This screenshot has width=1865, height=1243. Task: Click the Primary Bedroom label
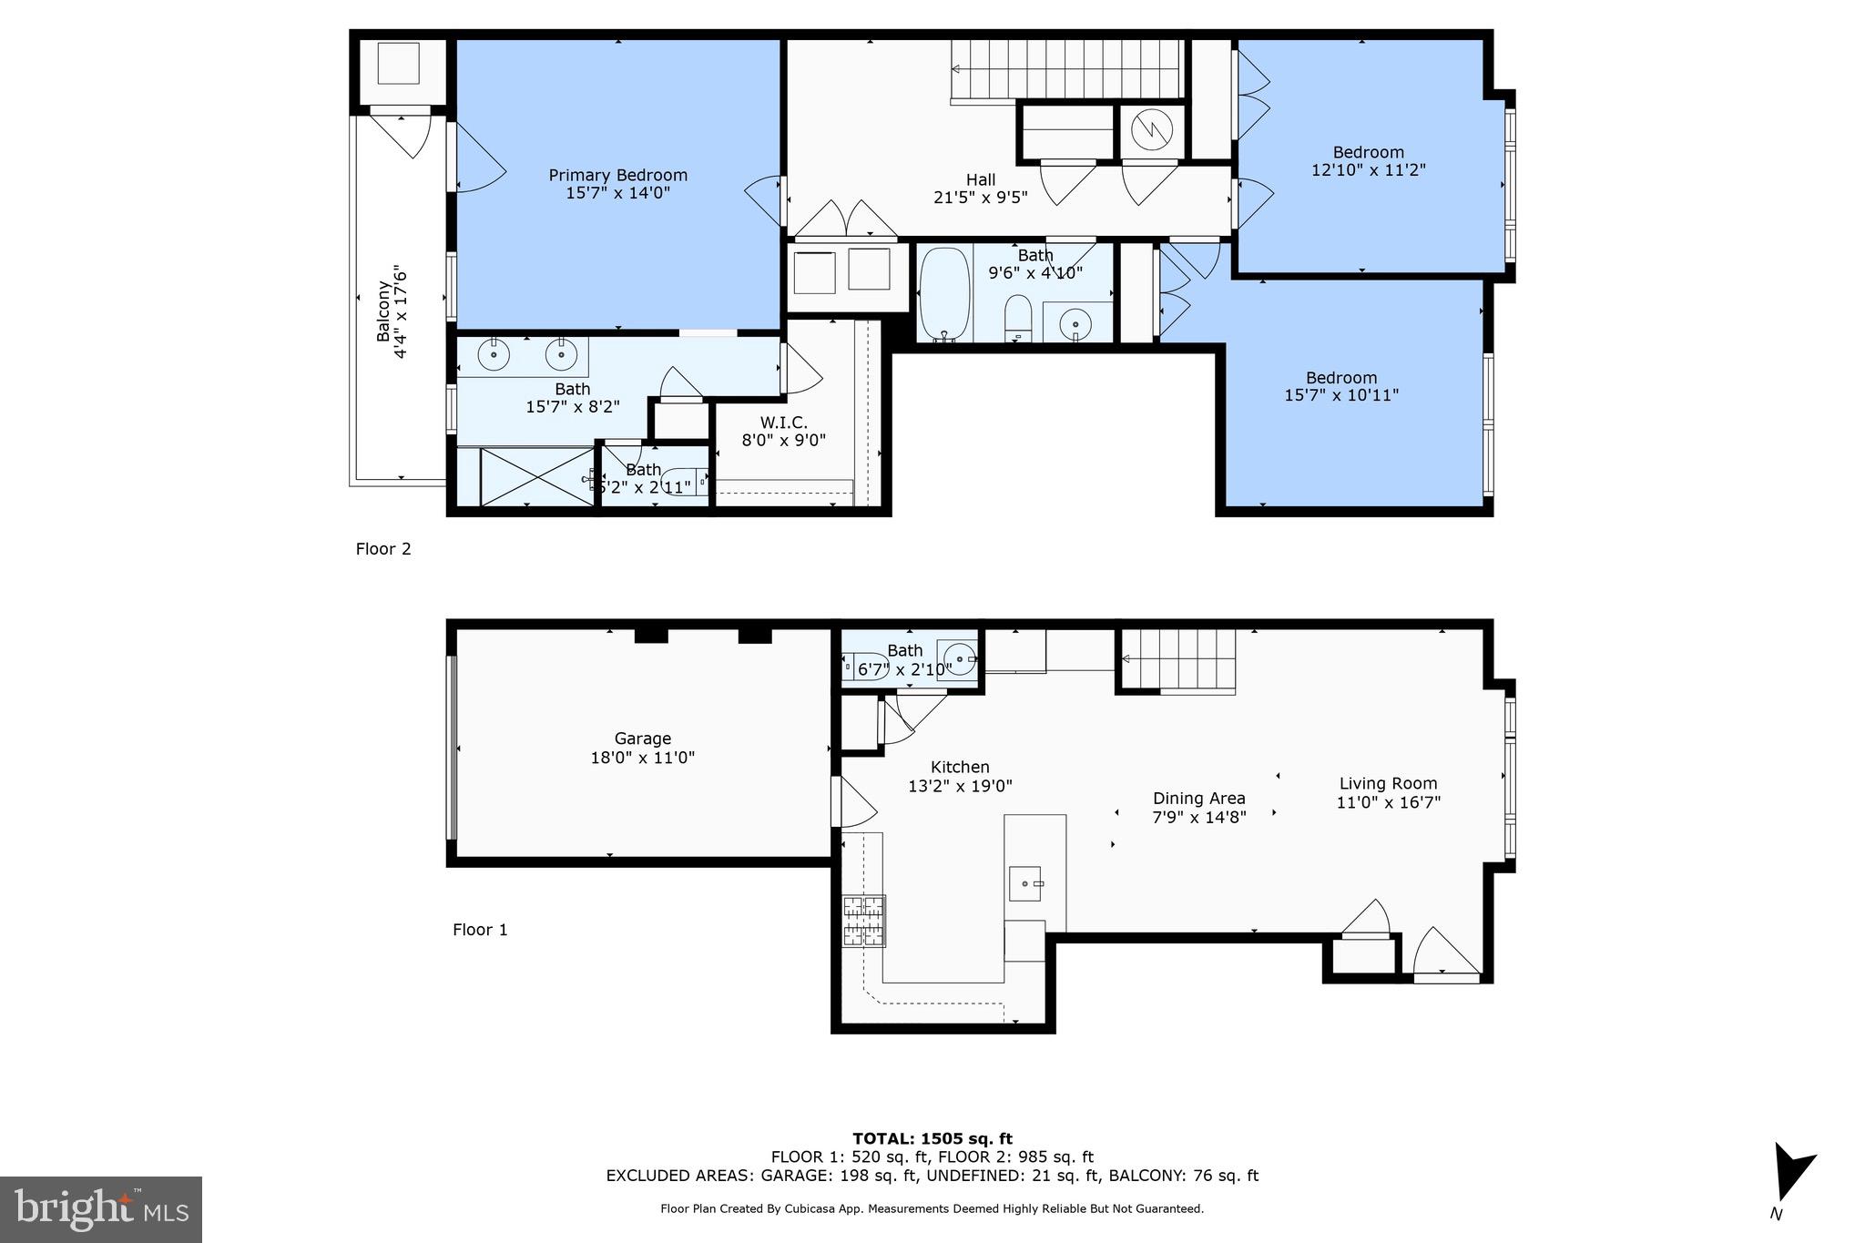coord(617,175)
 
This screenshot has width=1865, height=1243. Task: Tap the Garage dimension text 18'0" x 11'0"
coord(642,758)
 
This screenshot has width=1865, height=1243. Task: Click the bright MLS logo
coord(101,1209)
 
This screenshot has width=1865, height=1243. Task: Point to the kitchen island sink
coord(1026,883)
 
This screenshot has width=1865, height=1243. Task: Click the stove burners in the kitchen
coord(863,921)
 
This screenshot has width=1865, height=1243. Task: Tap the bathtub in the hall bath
coord(944,294)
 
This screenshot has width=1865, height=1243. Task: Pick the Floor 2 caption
coord(383,549)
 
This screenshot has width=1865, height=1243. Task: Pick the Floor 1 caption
coord(480,930)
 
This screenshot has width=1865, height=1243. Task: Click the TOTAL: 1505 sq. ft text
coord(932,1138)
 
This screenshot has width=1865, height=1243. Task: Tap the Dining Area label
coord(1198,799)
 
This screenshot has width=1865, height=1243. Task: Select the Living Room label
coord(1388,783)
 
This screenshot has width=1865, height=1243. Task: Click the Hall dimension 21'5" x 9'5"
coord(980,197)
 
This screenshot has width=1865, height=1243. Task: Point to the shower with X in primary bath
coord(536,476)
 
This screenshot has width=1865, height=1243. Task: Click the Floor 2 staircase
coord(1065,70)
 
